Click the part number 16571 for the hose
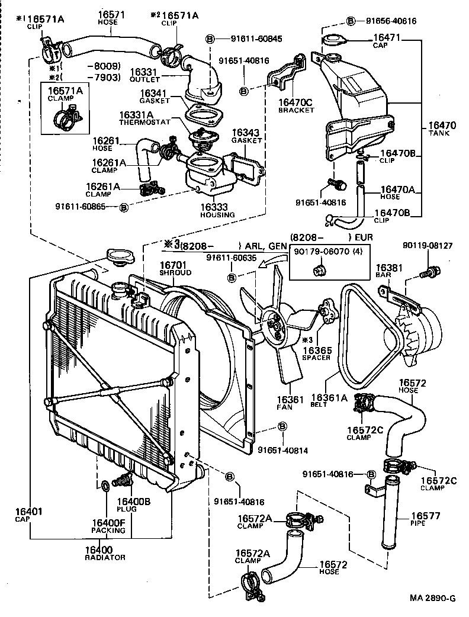110,16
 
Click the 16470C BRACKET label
295,105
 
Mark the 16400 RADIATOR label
105,553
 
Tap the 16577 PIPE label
426,519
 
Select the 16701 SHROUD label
175,268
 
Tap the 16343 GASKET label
246,136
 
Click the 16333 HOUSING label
217,211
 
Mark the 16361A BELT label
330,401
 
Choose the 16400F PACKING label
108,526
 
